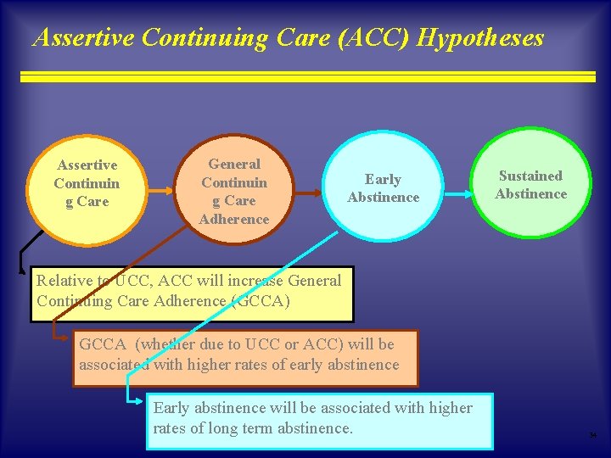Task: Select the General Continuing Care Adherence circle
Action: coord(234,192)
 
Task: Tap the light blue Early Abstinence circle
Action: coord(384,188)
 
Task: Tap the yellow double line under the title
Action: coord(307,76)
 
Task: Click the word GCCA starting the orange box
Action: coord(104,344)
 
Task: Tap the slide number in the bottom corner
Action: coord(593,436)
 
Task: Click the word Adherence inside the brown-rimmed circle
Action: coord(234,220)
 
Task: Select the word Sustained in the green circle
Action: coord(530,176)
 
